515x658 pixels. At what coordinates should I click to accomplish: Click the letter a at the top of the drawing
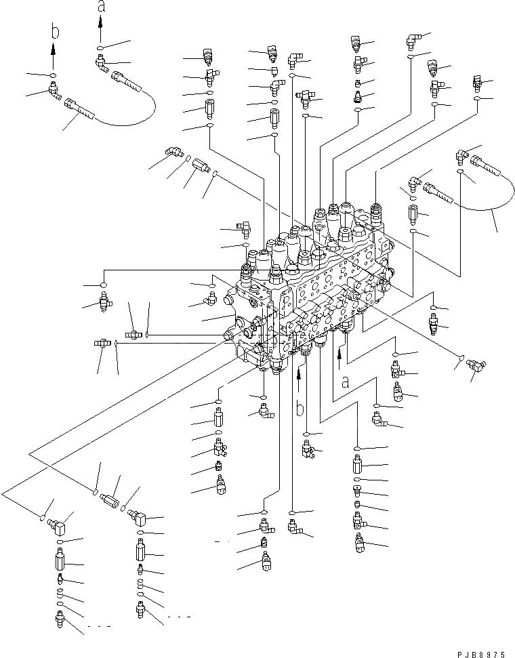click(101, 7)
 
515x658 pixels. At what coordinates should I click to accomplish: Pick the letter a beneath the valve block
click(345, 383)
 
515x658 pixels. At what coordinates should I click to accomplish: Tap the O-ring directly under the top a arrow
click(100, 48)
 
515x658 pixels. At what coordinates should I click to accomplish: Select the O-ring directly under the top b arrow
click(53, 74)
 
